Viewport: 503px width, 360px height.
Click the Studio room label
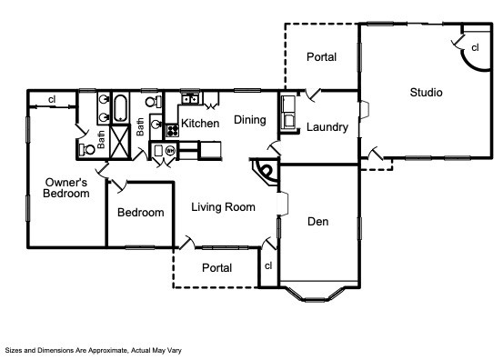[x=426, y=93]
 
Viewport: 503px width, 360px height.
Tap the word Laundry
[x=327, y=127]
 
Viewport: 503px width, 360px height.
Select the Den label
[x=318, y=222]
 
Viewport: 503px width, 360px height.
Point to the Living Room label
[x=223, y=207]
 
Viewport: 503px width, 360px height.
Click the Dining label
[x=250, y=120]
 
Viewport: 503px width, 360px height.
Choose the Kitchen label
[x=200, y=123]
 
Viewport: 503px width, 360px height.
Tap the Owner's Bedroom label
[x=66, y=188]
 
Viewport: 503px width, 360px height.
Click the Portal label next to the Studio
[x=321, y=57]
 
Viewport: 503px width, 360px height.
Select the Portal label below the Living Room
[x=216, y=268]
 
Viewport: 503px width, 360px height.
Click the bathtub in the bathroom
[x=120, y=107]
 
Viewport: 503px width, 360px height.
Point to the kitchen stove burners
[x=172, y=131]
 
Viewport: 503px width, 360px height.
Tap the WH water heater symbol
[x=170, y=150]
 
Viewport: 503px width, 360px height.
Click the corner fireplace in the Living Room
[x=266, y=172]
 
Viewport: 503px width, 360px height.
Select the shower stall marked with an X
[x=120, y=141]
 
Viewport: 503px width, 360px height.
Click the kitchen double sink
[x=190, y=99]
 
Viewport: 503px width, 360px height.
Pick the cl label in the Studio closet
[x=475, y=47]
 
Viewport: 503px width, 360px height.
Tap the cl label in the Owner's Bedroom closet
[x=52, y=99]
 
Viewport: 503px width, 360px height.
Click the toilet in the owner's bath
[x=87, y=149]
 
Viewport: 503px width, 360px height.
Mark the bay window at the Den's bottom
[x=318, y=294]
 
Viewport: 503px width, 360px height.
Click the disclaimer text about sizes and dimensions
[x=94, y=350]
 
